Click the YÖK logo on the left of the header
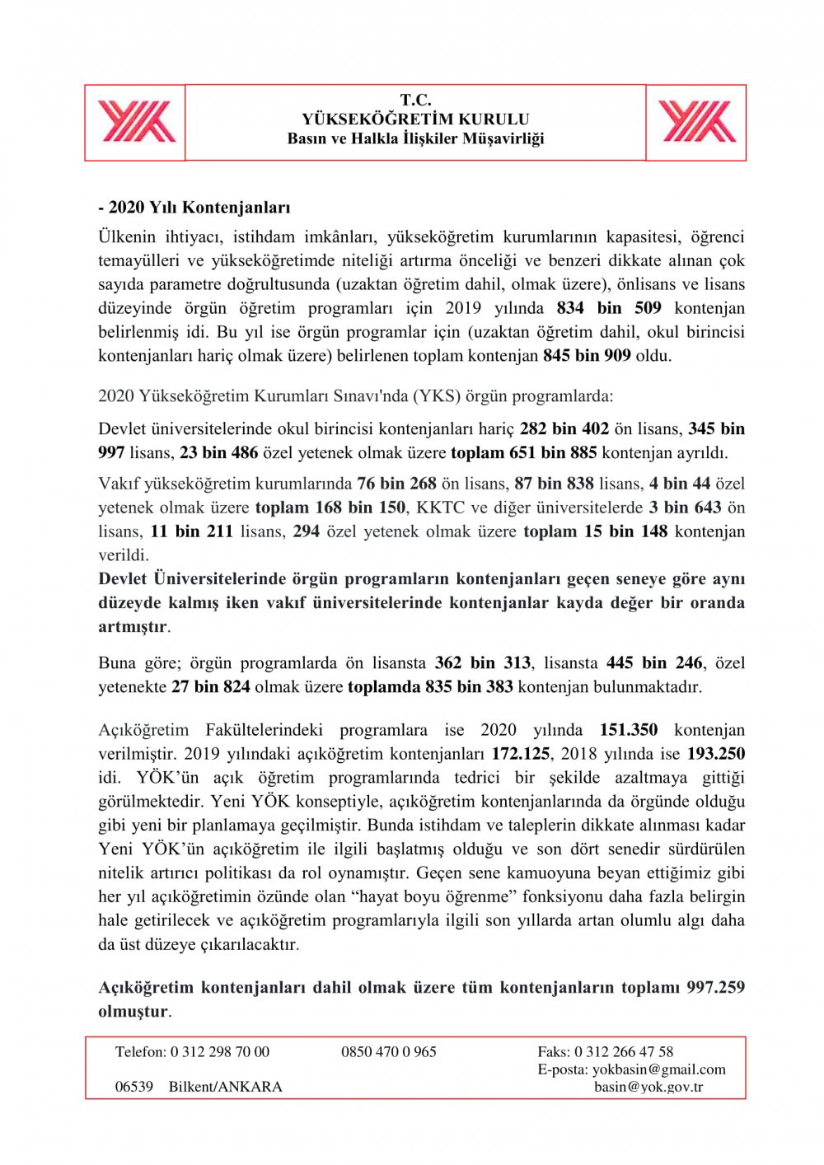pos(137,122)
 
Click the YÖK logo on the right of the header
pos(697,122)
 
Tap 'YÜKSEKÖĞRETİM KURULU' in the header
pos(415,119)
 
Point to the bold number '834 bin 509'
pos(609,308)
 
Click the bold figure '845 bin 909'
pos(587,356)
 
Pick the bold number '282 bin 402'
pos(564,428)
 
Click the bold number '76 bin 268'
pos(396,484)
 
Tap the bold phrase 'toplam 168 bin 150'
pos(330,508)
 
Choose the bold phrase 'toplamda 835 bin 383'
pos(430,686)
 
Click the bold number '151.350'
pos(629,730)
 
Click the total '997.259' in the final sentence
pos(715,987)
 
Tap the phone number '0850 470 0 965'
pos(389,1052)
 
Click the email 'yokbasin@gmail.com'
pos(658,1069)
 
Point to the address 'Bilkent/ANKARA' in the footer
pos(225,1087)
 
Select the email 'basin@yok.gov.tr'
pos(648,1087)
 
